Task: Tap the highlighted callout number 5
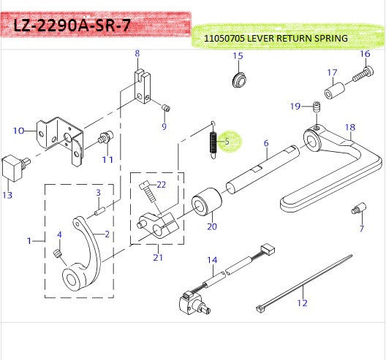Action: tap(227, 142)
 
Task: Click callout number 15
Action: tap(238, 56)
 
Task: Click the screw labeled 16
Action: tap(359, 74)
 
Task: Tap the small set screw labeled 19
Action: tap(317, 108)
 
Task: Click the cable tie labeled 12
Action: tap(307, 289)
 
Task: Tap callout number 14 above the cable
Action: tap(212, 260)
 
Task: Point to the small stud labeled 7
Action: tap(359, 209)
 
